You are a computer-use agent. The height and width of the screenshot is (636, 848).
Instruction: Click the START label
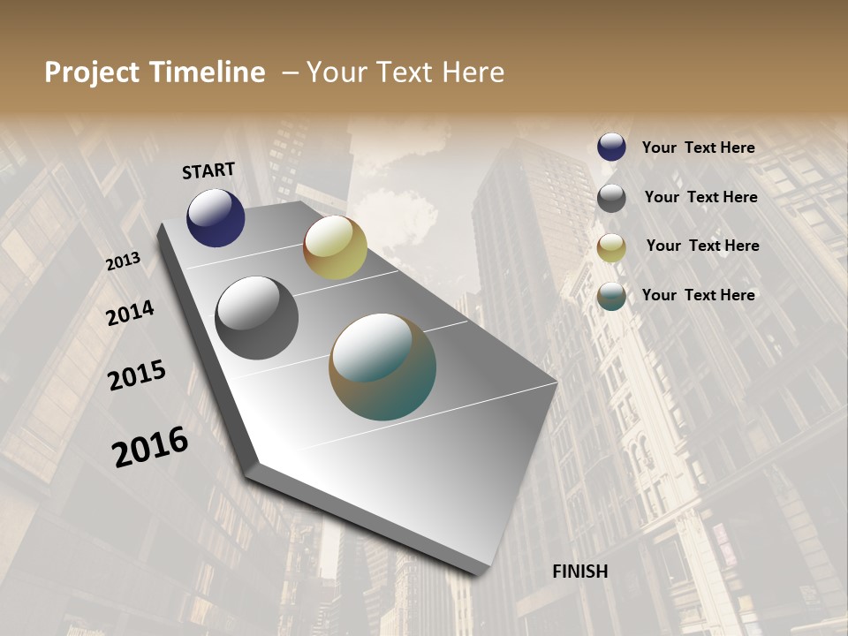(208, 170)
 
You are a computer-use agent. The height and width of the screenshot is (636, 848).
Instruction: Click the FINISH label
(579, 572)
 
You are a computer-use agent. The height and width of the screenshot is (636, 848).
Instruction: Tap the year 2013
(123, 261)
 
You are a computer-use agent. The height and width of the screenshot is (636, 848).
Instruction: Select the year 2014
(130, 313)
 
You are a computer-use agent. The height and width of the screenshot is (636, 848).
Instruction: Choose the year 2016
(150, 447)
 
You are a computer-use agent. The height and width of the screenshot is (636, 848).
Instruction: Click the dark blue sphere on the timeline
(216, 217)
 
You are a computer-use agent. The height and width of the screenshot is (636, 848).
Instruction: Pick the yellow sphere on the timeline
(335, 247)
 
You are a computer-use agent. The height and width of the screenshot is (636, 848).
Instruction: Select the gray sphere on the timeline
(257, 318)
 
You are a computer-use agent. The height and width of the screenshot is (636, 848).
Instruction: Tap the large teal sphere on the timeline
(382, 367)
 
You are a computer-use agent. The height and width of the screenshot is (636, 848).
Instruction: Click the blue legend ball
(611, 147)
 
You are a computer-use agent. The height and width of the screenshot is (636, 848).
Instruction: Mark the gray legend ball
(611, 198)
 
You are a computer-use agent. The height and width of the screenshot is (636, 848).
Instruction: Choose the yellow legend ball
(611, 247)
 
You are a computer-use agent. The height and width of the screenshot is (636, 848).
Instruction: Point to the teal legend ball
(611, 297)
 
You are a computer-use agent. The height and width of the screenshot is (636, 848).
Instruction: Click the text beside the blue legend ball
(698, 148)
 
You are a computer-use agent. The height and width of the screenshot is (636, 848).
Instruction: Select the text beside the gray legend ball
(700, 197)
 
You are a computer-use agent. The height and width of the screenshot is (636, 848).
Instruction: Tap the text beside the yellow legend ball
(702, 246)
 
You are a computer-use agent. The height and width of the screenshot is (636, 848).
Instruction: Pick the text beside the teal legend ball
(698, 295)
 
